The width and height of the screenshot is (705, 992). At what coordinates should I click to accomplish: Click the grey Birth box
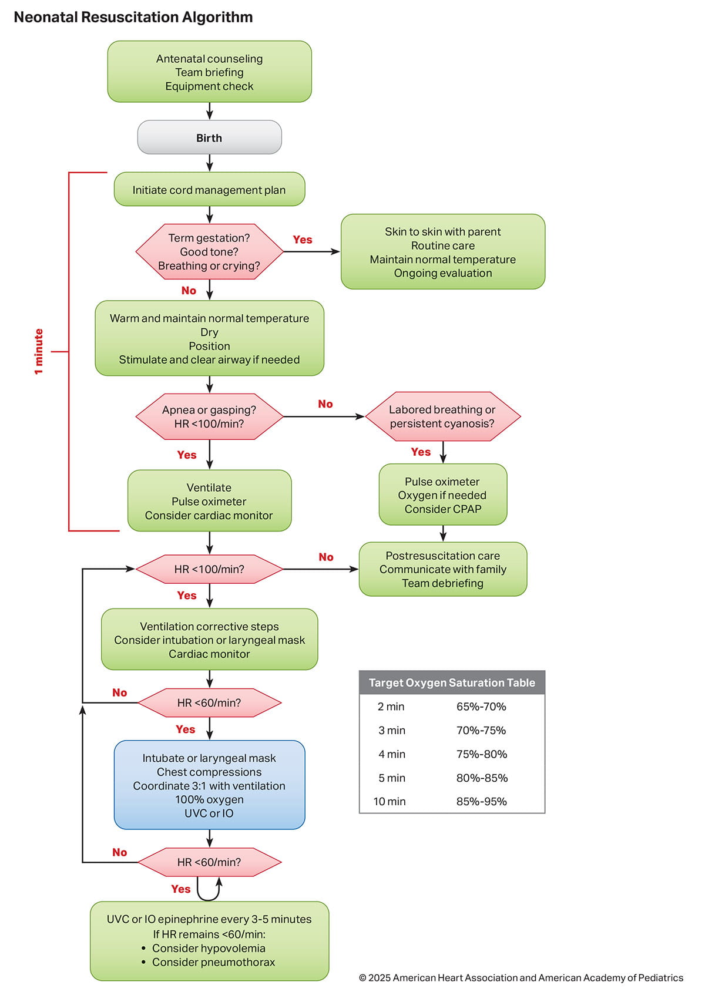[x=209, y=138]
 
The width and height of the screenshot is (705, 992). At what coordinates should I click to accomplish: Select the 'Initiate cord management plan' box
[x=209, y=190]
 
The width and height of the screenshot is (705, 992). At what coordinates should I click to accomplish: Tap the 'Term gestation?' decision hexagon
[x=209, y=251]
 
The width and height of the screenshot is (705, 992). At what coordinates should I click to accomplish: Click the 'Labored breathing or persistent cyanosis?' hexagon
[x=442, y=416]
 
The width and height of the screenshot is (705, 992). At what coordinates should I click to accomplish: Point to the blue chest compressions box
[x=209, y=785]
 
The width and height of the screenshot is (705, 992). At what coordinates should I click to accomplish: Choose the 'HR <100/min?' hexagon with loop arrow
[x=209, y=569]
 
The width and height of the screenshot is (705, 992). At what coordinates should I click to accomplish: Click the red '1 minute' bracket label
[x=39, y=351]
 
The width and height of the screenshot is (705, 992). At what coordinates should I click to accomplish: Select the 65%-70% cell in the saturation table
[x=481, y=707]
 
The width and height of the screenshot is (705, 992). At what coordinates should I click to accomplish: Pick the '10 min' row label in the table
[x=390, y=801]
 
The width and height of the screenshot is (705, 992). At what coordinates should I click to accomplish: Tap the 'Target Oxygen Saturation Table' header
[x=452, y=682]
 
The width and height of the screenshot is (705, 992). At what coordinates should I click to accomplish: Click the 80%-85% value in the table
[x=482, y=778]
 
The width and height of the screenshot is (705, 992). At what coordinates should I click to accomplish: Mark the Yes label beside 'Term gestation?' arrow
[x=303, y=240]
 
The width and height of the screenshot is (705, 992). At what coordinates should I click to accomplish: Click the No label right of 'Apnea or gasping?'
[x=325, y=404]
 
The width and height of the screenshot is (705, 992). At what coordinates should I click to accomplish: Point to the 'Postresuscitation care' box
[x=442, y=569]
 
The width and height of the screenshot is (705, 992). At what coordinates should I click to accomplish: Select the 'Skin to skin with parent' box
[x=442, y=252]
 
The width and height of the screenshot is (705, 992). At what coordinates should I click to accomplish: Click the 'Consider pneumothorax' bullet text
[x=213, y=962]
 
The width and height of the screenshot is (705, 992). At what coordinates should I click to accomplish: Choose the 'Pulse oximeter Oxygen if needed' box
[x=442, y=495]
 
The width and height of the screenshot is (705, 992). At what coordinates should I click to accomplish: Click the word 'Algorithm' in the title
[x=217, y=17]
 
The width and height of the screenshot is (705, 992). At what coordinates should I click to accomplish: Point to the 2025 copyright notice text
[x=521, y=978]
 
